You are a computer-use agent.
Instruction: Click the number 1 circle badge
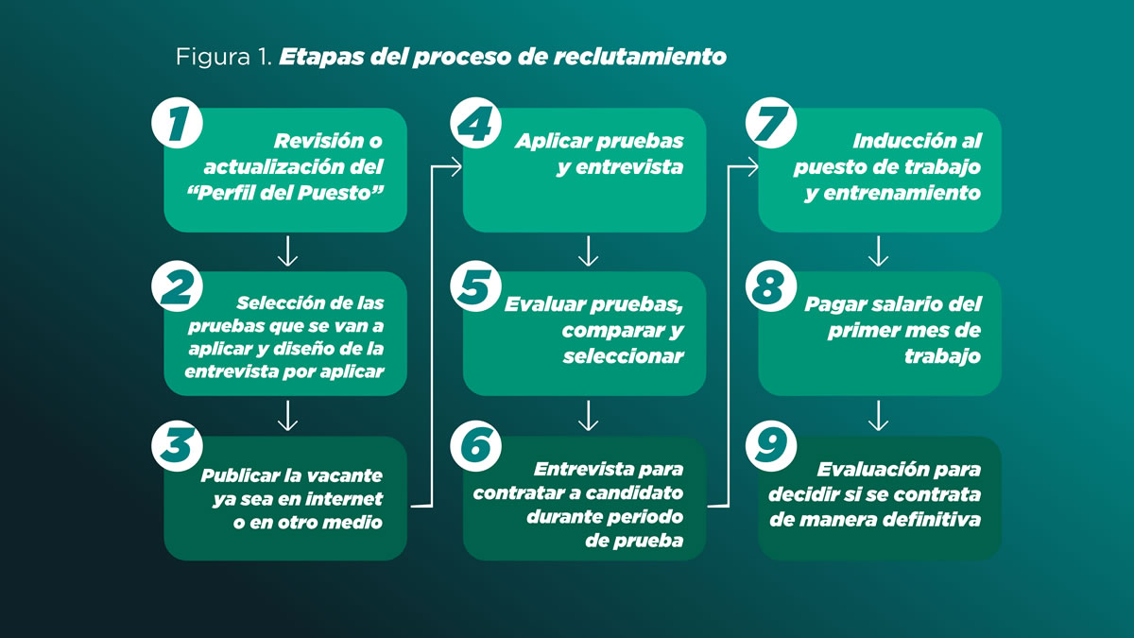tap(178, 123)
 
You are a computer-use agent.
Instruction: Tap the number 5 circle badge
tap(476, 286)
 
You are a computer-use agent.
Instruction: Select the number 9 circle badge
tap(771, 446)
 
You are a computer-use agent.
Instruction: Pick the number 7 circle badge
tap(771, 123)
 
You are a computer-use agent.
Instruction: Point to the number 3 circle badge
tap(178, 446)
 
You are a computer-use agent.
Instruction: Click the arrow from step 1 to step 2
tap(287, 251)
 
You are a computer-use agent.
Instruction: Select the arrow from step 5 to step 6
tap(588, 416)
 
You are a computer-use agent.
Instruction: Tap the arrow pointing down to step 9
tap(878, 416)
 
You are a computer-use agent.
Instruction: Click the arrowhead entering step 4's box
tap(455, 166)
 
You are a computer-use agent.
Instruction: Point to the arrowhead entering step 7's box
tap(752, 166)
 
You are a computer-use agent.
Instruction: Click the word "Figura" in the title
tap(214, 58)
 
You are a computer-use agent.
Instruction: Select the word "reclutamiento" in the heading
tap(640, 56)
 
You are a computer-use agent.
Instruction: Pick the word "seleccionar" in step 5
tap(623, 356)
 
